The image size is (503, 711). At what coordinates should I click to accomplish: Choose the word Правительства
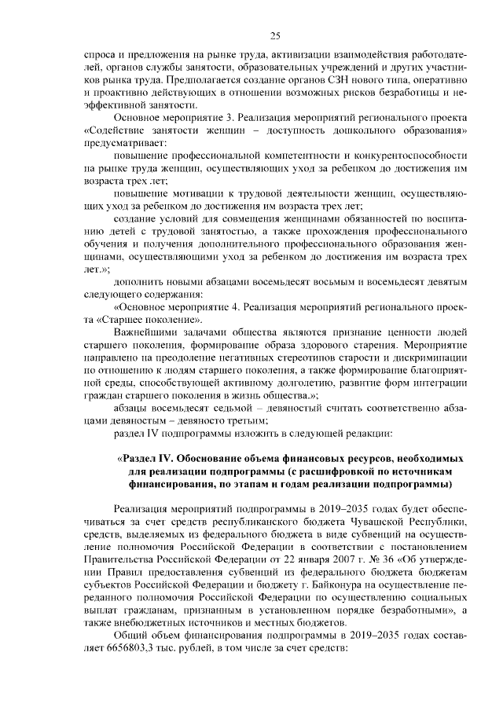point(119,559)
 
